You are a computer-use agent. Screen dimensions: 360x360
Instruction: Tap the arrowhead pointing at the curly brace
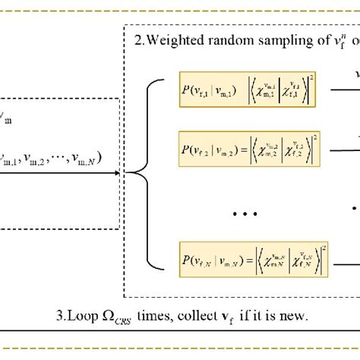coord(117,172)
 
